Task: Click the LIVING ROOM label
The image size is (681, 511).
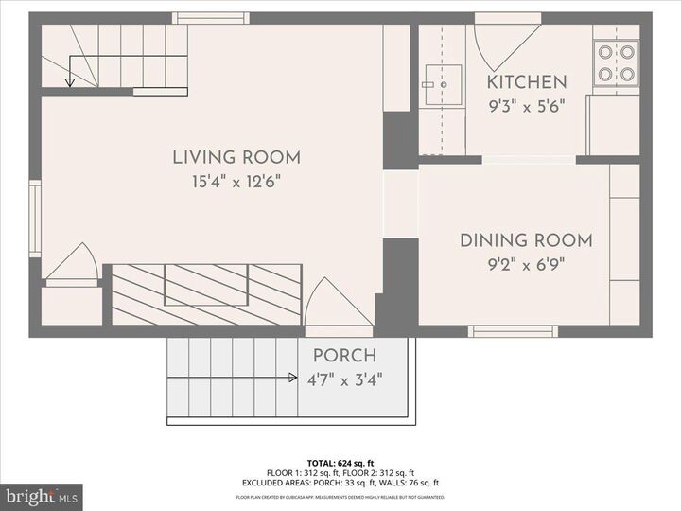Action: click(x=236, y=158)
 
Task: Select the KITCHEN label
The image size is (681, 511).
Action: click(x=527, y=82)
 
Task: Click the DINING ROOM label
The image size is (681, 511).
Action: click(x=526, y=240)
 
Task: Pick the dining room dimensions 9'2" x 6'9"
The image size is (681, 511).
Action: click(x=526, y=264)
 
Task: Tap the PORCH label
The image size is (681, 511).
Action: click(x=344, y=357)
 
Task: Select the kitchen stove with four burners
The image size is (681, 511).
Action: click(x=616, y=63)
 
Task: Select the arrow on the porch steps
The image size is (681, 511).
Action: click(x=293, y=378)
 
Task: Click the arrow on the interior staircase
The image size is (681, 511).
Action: click(x=70, y=80)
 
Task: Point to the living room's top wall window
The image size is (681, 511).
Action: click(x=211, y=18)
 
